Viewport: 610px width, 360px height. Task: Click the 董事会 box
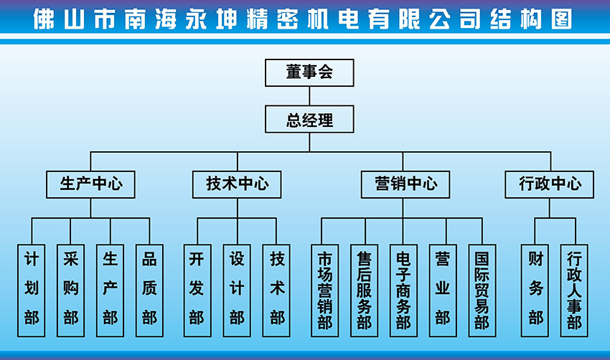[x=309, y=73]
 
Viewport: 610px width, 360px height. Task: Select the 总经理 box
[x=309, y=120]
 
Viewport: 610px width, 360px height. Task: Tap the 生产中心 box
[x=90, y=184]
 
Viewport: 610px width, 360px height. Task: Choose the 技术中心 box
[x=238, y=184]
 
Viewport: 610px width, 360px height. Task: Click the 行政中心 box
[x=550, y=184]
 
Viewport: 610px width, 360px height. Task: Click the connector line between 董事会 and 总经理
[x=309, y=96]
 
